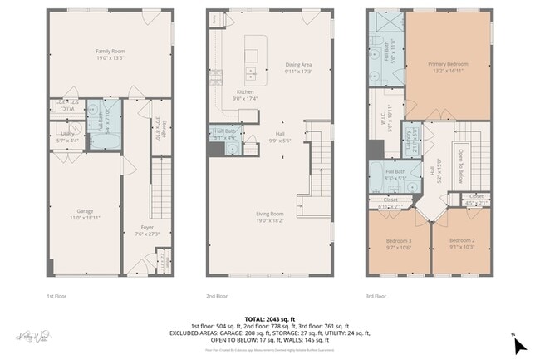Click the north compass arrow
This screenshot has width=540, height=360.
(x=519, y=343)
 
